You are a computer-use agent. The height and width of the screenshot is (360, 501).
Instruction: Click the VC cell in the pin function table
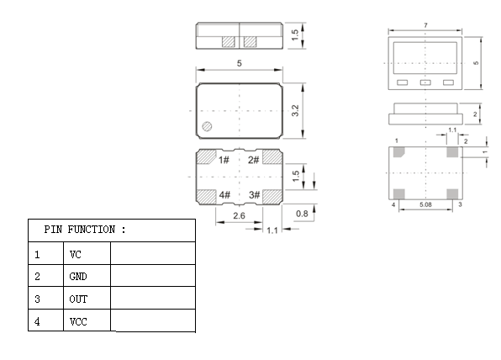pyautogui.click(x=76, y=255)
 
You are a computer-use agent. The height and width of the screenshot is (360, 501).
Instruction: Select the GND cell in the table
pyautogui.click(x=78, y=277)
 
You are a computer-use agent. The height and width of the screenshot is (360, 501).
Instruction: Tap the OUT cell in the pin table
pyautogui.click(x=78, y=299)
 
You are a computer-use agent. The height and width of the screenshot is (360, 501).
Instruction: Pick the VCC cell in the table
pyautogui.click(x=78, y=321)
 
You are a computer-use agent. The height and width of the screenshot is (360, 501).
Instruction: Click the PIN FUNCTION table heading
pyautogui.click(x=85, y=230)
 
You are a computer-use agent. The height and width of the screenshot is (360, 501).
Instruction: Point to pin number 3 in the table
pyautogui.click(x=37, y=299)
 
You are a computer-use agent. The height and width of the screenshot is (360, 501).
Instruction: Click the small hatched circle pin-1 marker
pyautogui.click(x=207, y=127)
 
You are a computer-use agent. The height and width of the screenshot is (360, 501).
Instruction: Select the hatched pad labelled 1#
pyautogui.click(x=206, y=157)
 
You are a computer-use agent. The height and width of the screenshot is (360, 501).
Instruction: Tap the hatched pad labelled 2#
pyautogui.click(x=272, y=157)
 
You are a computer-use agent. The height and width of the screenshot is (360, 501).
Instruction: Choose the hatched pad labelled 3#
pyautogui.click(x=272, y=196)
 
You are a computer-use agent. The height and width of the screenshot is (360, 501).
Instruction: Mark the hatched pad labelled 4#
pyautogui.click(x=206, y=196)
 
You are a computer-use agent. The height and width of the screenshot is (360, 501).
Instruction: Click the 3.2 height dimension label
pyautogui.click(x=296, y=111)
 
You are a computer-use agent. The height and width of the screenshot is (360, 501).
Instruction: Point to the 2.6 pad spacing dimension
pyautogui.click(x=239, y=216)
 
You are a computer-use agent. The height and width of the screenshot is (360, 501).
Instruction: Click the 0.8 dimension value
pyautogui.click(x=302, y=214)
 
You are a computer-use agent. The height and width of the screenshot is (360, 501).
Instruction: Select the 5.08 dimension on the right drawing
pyautogui.click(x=425, y=204)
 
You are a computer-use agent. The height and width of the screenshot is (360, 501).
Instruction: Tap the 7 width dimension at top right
pyautogui.click(x=425, y=25)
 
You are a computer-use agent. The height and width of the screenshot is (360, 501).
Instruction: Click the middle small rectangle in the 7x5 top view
pyautogui.click(x=425, y=82)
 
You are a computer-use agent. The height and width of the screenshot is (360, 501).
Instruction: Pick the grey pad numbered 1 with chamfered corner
pyautogui.click(x=398, y=152)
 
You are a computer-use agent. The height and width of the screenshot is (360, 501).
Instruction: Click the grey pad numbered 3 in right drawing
pyautogui.click(x=452, y=193)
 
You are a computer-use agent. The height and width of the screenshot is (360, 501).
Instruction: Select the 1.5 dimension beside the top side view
pyautogui.click(x=295, y=35)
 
